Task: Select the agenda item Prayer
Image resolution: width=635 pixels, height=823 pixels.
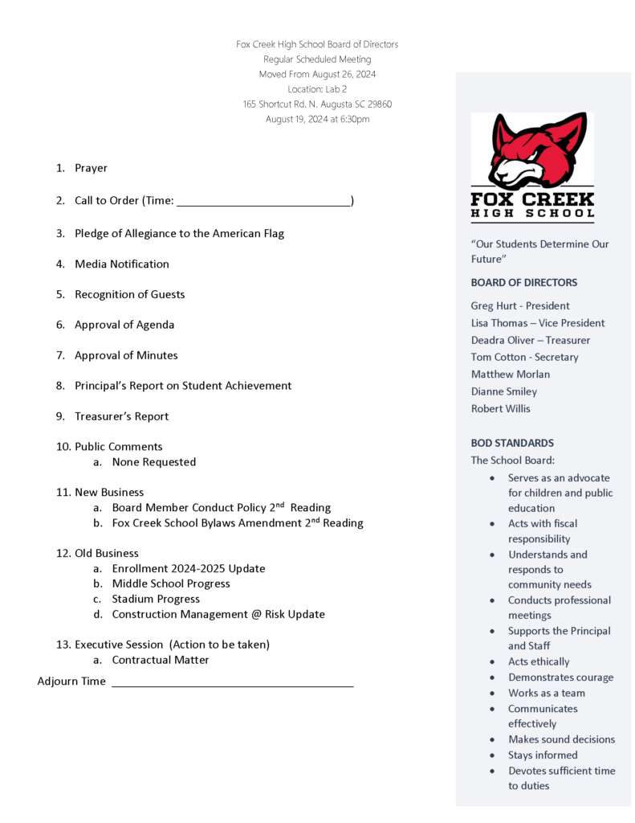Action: pyautogui.click(x=91, y=168)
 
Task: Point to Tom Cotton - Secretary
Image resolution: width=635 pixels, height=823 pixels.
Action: pyautogui.click(x=524, y=357)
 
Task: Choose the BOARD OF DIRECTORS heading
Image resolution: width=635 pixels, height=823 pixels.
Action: pyautogui.click(x=523, y=282)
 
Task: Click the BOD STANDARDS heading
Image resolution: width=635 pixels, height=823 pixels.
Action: pyautogui.click(x=511, y=443)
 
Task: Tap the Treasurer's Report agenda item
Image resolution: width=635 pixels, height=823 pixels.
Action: pyautogui.click(x=121, y=416)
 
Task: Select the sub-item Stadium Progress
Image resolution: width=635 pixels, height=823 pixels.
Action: pyautogui.click(x=156, y=599)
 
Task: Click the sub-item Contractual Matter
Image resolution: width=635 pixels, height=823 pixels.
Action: pyautogui.click(x=160, y=660)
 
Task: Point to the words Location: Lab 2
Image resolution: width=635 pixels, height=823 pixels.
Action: pyautogui.click(x=317, y=89)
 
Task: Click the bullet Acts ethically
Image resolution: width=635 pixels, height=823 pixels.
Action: pyautogui.click(x=538, y=661)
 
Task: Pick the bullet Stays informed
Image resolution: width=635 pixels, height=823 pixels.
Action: pyautogui.click(x=542, y=755)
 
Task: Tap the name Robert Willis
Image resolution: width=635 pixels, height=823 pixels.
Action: pyautogui.click(x=500, y=408)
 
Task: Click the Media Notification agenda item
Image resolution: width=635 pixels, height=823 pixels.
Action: pyautogui.click(x=121, y=264)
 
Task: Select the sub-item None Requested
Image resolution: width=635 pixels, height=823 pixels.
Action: pyautogui.click(x=153, y=462)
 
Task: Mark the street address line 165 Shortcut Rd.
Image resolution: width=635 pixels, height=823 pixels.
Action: pyautogui.click(x=317, y=104)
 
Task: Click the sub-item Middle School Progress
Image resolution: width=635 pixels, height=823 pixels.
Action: pyautogui.click(x=170, y=583)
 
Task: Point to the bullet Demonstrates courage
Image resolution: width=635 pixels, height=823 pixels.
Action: pyautogui.click(x=560, y=678)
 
